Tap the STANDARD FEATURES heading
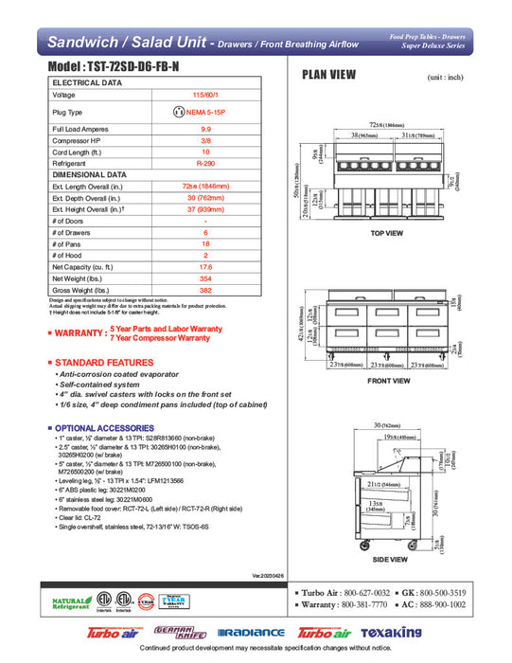[x=98, y=363]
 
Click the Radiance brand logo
[x=251, y=633]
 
